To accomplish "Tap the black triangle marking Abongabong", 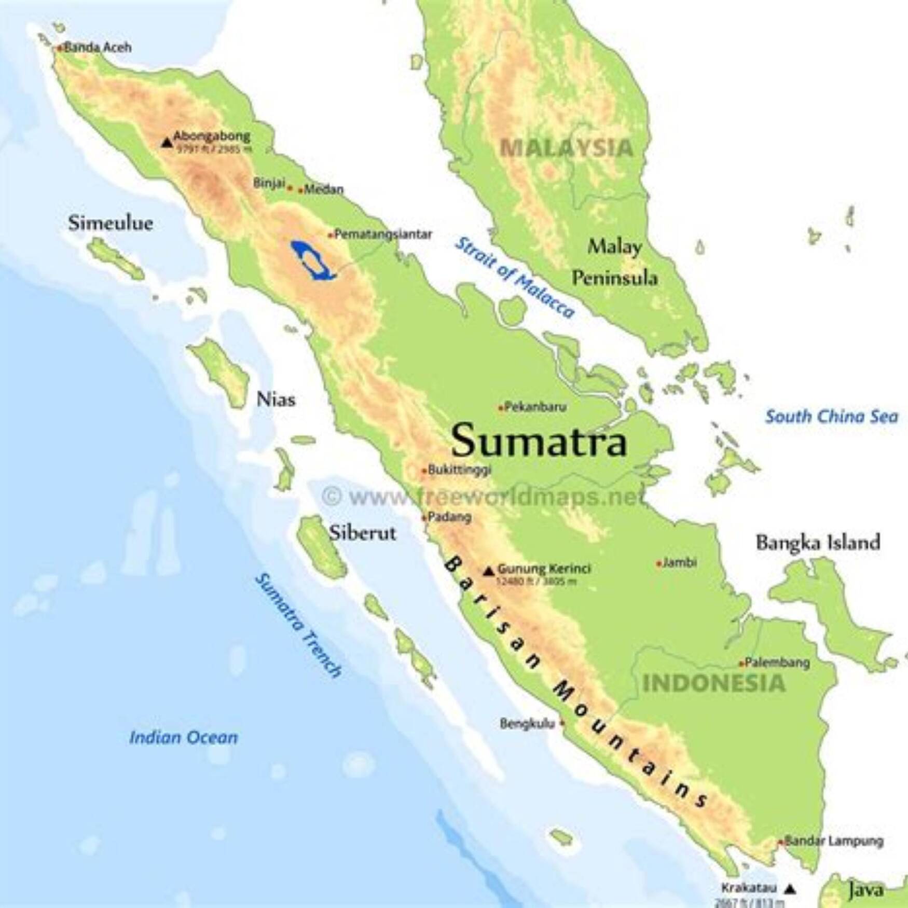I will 167,142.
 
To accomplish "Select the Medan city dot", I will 300,190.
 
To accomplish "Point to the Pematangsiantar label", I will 383,235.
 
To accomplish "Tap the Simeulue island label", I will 111,224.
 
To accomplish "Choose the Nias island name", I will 276,400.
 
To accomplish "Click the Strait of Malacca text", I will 515,277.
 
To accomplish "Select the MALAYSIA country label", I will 566,148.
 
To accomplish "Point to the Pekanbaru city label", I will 535,407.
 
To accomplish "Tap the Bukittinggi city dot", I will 424,471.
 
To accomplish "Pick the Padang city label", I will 449,517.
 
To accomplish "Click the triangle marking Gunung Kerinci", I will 488,571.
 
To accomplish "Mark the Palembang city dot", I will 742,664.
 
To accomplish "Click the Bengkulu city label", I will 527,723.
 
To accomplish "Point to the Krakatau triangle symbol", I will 790,889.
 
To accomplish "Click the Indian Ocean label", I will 184,737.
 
